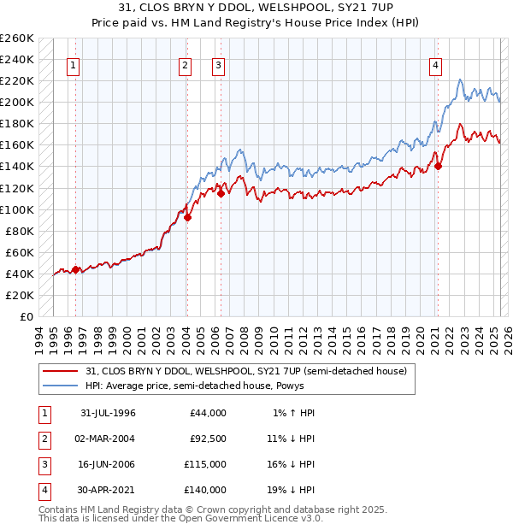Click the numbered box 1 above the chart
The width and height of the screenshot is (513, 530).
[x=74, y=65]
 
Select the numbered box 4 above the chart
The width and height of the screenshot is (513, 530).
[x=436, y=65]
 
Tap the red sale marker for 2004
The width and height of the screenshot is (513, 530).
[x=187, y=217]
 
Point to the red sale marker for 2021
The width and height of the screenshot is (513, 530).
[x=438, y=167]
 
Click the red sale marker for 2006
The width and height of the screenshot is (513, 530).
[x=221, y=193]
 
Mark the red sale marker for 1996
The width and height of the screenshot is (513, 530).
[x=75, y=269]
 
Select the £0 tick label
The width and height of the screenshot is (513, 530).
[x=27, y=316]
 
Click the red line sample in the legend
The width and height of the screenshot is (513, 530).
[x=60, y=371]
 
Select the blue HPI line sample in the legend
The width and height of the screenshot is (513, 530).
[x=60, y=385]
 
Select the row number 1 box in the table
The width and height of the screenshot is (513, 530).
[x=43, y=412]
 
